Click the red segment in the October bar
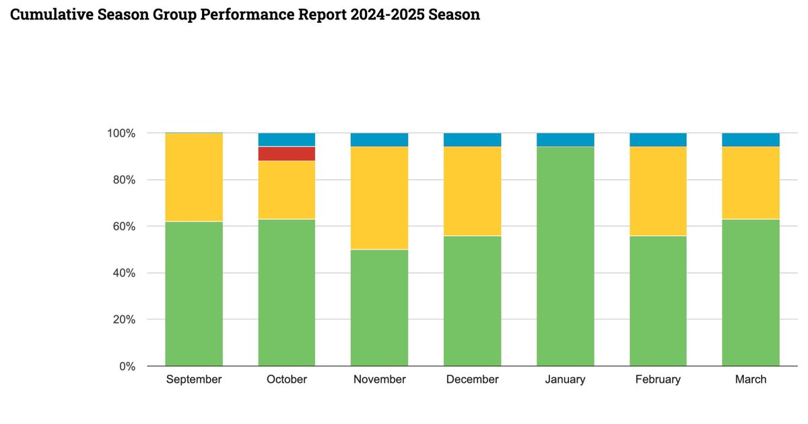coord(287,154)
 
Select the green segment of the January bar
coord(565,256)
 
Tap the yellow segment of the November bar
coord(379,198)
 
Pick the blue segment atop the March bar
coord(750,140)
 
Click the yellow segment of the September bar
coord(194,177)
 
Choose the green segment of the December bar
coord(472,301)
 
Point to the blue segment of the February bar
coord(658,140)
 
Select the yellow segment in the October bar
coord(287,190)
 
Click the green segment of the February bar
coord(658,301)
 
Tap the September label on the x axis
coord(194,380)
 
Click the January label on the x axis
coord(565,380)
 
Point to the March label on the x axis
coord(750,380)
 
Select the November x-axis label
coord(379,380)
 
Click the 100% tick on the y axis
coord(121,133)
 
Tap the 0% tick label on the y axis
coord(127,367)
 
